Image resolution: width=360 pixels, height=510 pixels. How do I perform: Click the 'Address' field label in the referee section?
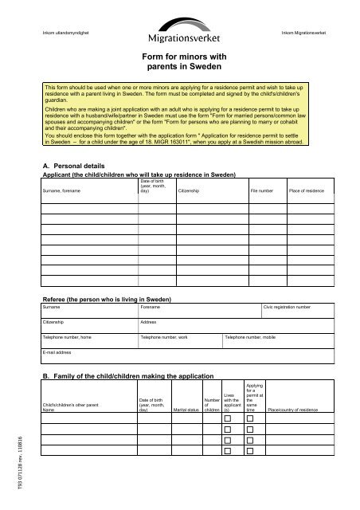tap(148, 322)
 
